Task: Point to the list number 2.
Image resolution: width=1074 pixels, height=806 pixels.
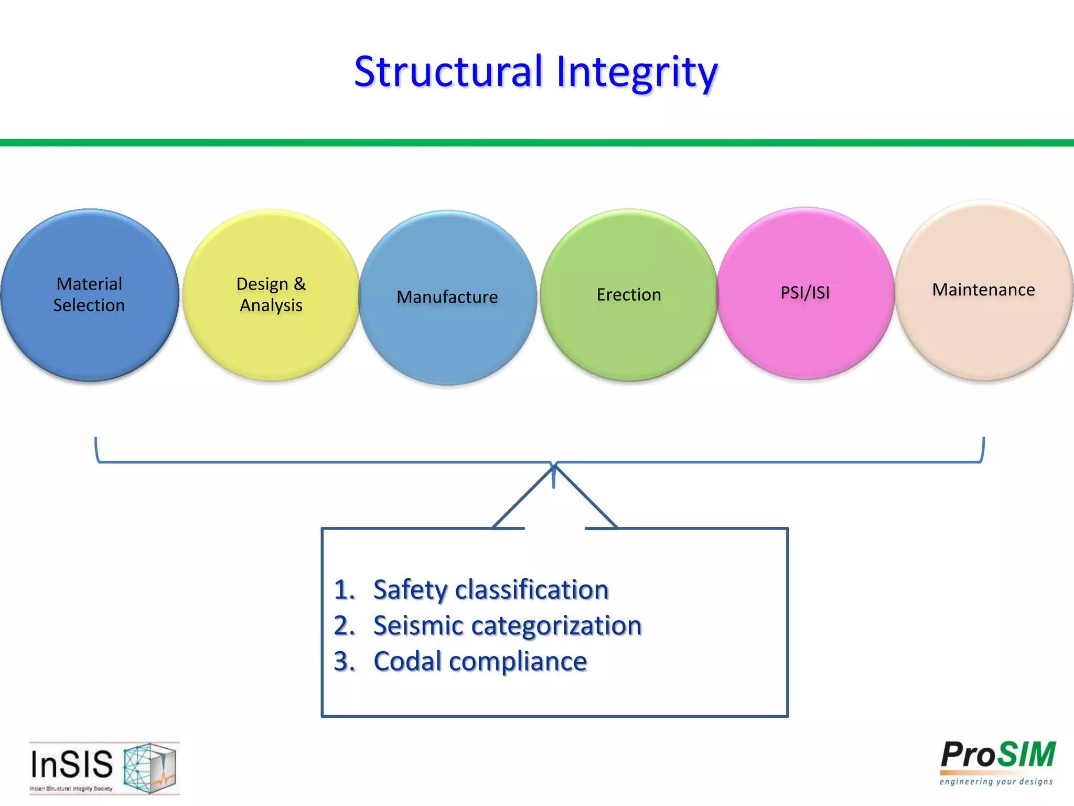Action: click(343, 626)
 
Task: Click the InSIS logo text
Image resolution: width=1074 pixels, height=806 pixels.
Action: click(72, 765)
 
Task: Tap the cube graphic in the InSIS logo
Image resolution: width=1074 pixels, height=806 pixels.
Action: click(150, 767)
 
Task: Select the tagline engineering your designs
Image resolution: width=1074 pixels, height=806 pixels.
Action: click(996, 782)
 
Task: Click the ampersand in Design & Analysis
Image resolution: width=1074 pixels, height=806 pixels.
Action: click(299, 284)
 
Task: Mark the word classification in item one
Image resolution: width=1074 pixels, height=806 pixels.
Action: click(532, 590)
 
